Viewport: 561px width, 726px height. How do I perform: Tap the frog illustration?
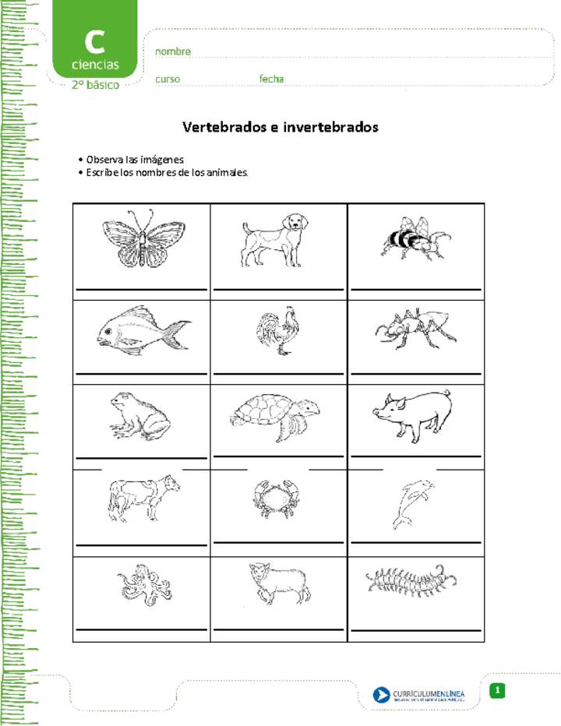click(x=138, y=414)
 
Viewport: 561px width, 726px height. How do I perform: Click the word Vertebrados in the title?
click(x=224, y=126)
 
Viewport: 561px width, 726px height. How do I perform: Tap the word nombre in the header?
click(x=173, y=51)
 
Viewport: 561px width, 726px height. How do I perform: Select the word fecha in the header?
click(x=271, y=79)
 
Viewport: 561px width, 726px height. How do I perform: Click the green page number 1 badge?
click(x=499, y=690)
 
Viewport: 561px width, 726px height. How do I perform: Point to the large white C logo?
click(x=94, y=41)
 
